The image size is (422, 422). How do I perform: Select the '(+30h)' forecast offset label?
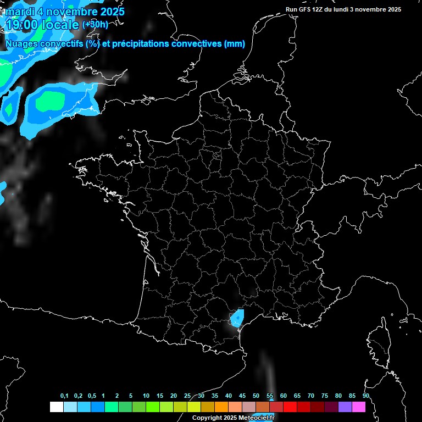click(95, 25)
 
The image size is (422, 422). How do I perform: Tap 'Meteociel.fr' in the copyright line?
click(256, 418)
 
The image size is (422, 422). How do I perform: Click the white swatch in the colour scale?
click(56, 407)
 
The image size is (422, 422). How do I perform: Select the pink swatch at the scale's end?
click(358, 407)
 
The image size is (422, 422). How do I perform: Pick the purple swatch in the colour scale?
click(345, 407)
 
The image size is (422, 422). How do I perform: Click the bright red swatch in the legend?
click(290, 407)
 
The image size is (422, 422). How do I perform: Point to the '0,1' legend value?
click(64, 396)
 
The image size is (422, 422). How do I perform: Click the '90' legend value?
click(365, 396)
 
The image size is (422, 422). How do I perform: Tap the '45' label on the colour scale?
click(242, 396)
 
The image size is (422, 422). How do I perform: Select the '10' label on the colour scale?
click(146, 396)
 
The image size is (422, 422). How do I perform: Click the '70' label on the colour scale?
click(311, 396)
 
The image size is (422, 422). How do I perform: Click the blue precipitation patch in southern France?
click(237, 318)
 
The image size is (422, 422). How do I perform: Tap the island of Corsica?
click(377, 341)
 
